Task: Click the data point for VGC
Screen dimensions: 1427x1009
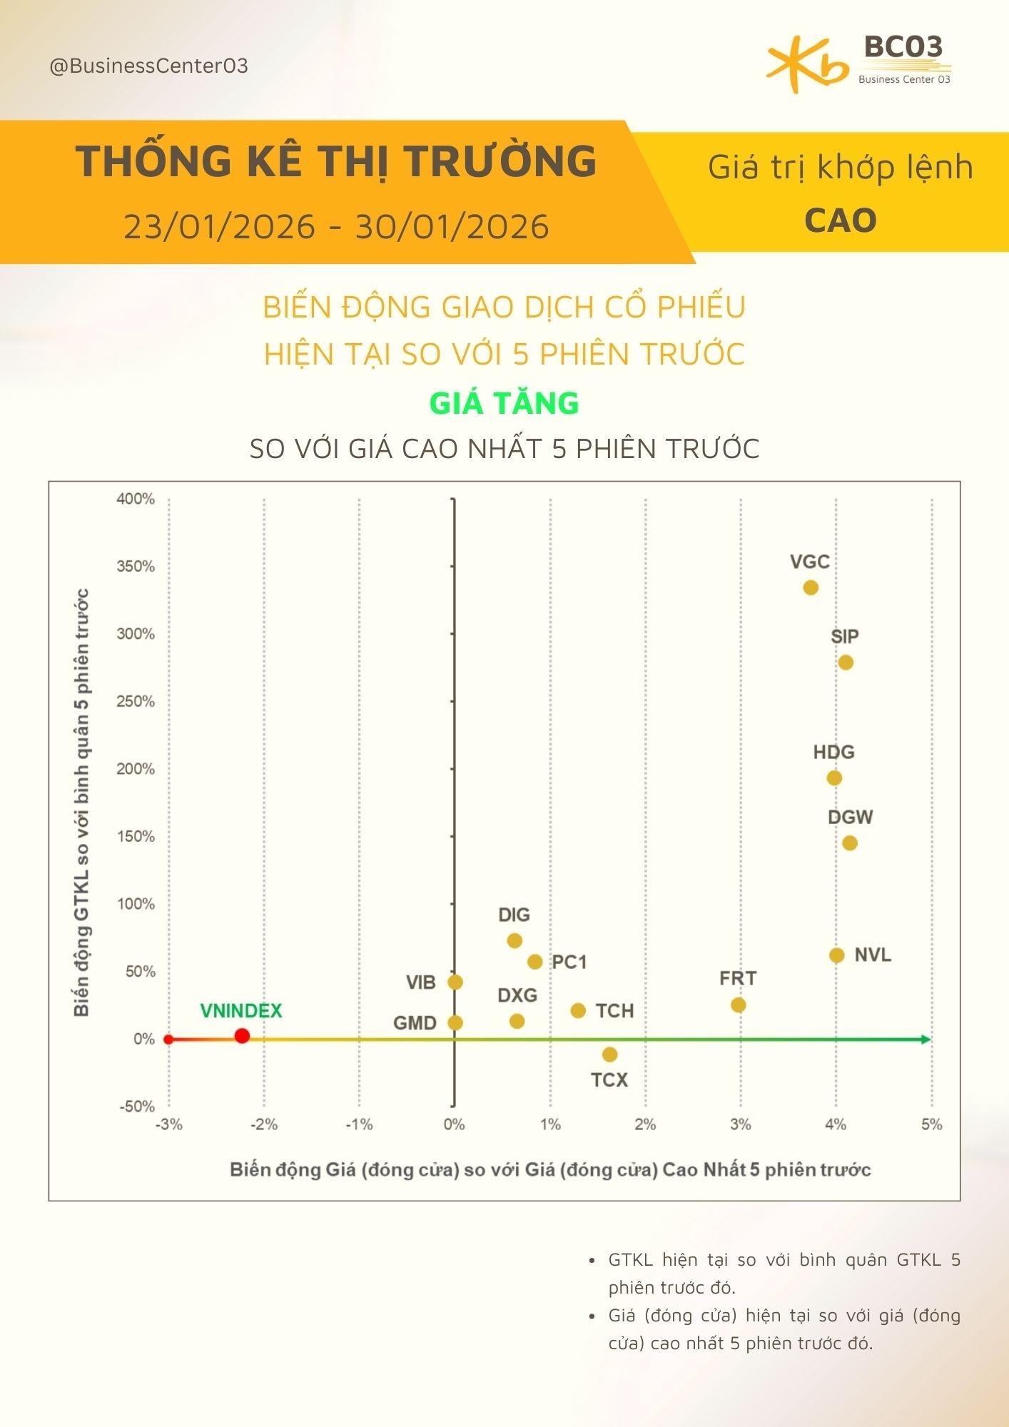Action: [x=810, y=588]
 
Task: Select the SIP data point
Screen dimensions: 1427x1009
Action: [x=846, y=663]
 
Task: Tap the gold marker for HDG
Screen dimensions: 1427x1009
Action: [x=834, y=778]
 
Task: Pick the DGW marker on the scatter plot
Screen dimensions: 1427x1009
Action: [x=849, y=843]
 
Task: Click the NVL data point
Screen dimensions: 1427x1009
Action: [x=837, y=955]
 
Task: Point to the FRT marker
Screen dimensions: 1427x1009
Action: [x=739, y=1005]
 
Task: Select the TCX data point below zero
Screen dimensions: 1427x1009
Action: [x=609, y=1055]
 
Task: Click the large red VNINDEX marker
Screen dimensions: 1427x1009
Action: [x=242, y=1036]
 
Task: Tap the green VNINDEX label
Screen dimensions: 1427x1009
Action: [x=241, y=1011]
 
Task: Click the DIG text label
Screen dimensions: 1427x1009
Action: [x=514, y=915]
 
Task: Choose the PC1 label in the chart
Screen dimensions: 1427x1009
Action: [x=569, y=962]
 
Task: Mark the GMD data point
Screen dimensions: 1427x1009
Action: [x=455, y=1022]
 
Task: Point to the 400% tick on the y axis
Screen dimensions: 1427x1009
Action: [x=136, y=499]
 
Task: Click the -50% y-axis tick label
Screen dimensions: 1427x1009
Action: [x=136, y=1107]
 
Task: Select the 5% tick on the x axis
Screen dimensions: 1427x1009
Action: [x=931, y=1124]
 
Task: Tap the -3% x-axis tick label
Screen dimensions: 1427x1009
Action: [x=169, y=1124]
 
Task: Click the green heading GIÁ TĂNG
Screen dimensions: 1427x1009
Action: [x=504, y=403]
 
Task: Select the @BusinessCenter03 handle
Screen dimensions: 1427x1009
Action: [x=148, y=66]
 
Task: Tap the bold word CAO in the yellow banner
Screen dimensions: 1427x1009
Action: [x=841, y=220]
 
